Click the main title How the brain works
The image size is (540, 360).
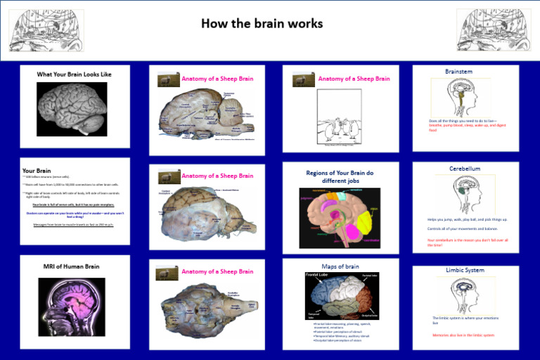tap(262, 24)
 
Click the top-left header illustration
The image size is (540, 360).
tap(46, 30)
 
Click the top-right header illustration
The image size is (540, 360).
tap(494, 30)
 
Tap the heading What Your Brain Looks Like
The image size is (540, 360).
tap(74, 74)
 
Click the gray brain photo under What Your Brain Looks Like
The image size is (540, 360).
tap(72, 109)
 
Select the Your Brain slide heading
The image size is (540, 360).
tap(37, 170)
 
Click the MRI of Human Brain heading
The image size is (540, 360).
tap(72, 266)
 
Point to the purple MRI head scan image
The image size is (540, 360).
tap(72, 307)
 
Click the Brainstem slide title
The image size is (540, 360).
tap(458, 72)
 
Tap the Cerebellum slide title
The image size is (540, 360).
tap(465, 169)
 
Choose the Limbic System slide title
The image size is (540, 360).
tap(465, 270)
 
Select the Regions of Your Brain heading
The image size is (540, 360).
tap(340, 176)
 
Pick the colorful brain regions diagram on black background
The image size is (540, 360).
tap(340, 217)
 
